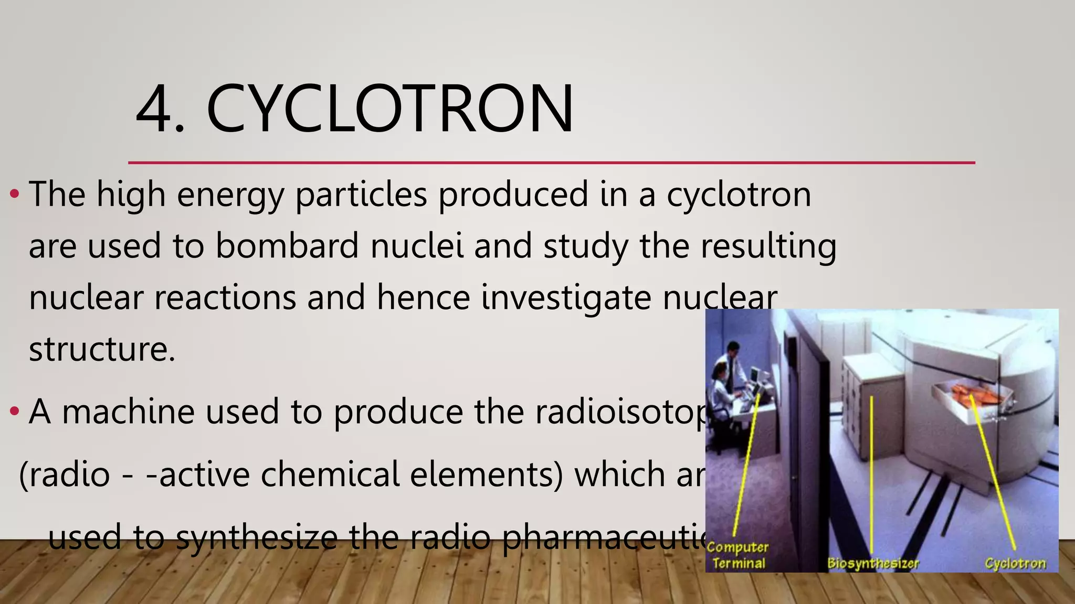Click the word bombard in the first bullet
click(287, 246)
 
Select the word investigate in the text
click(566, 297)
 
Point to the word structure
click(101, 349)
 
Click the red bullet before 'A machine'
click(15, 412)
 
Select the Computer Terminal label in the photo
click(737, 555)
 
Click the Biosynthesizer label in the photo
click(873, 564)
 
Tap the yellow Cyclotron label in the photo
click(1015, 564)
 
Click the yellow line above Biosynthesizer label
click(872, 472)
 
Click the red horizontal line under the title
click(551, 163)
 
